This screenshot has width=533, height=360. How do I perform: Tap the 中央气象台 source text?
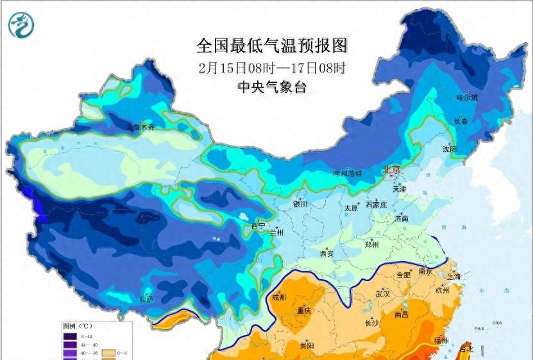pyautogui.click(x=272, y=87)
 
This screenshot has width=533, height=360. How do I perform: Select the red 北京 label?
pyautogui.click(x=391, y=169)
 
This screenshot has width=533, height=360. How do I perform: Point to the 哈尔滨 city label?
pyautogui.click(x=468, y=98)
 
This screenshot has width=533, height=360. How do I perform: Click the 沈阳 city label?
pyautogui.click(x=450, y=149)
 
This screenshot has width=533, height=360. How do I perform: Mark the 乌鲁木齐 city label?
pyautogui.click(x=140, y=127)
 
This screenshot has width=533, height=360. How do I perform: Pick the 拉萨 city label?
pyautogui.click(x=146, y=298)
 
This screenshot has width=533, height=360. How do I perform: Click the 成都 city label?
pyautogui.click(x=279, y=297)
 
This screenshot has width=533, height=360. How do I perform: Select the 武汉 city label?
pyautogui.click(x=384, y=293)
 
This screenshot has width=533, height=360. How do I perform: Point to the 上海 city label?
pyautogui.click(x=455, y=276)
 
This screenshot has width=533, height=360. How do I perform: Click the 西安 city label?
pyautogui.click(x=326, y=253)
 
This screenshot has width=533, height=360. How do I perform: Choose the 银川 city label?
pyautogui.click(x=300, y=204)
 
